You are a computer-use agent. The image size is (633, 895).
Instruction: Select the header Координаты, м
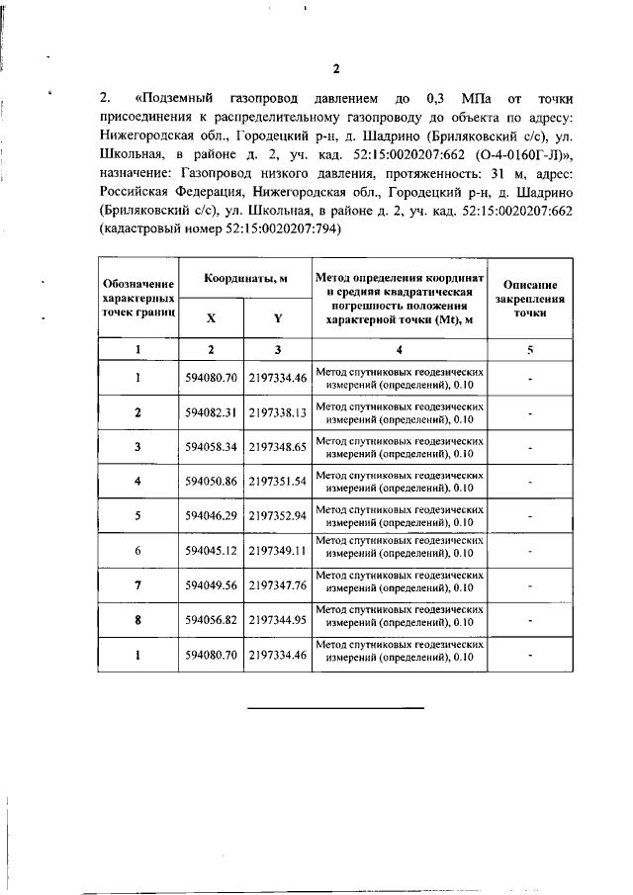pyautogui.click(x=245, y=280)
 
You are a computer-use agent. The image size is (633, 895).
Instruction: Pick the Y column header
pyautogui.click(x=279, y=318)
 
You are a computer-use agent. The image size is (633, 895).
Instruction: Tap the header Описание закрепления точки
pyautogui.click(x=529, y=298)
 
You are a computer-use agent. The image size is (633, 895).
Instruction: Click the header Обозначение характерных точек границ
pyautogui.click(x=138, y=298)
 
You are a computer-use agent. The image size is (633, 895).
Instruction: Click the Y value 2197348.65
pyautogui.click(x=279, y=447)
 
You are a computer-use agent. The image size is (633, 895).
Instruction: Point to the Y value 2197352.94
pyautogui.click(x=279, y=516)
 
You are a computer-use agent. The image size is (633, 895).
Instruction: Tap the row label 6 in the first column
pyautogui.click(x=138, y=551)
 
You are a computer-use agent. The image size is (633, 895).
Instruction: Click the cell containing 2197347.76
pyautogui.click(x=279, y=585)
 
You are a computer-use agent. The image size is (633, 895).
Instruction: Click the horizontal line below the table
pyautogui.click(x=334, y=708)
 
